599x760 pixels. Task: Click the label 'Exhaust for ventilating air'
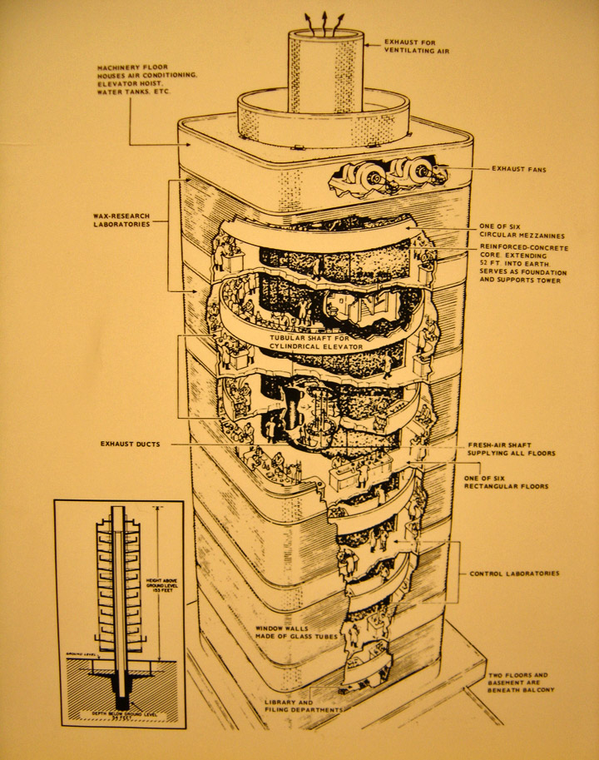(x=416, y=45)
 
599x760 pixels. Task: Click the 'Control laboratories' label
(x=514, y=574)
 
